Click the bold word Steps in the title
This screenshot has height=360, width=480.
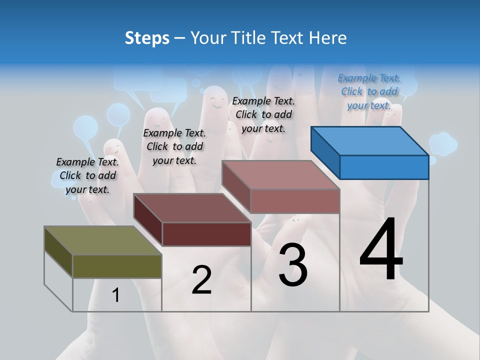coord(147,38)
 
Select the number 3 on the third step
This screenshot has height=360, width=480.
coord(293,265)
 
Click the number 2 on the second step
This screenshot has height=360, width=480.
coord(201,280)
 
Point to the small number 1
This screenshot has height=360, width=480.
coord(115,295)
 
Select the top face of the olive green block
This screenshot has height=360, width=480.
coord(103,240)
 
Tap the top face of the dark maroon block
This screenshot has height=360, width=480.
coord(192,207)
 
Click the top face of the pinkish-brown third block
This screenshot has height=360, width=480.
coord(281,175)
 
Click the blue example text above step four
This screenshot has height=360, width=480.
coord(369,91)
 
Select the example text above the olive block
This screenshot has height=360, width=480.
coord(87,175)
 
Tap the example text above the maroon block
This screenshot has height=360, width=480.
coord(174,146)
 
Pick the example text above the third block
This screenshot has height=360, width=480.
coord(263,114)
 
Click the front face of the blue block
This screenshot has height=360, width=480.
coord(384,167)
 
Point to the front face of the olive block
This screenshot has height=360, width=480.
coord(117,266)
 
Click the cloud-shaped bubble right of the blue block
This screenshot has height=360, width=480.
coord(443,143)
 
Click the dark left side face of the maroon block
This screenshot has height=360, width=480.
coord(147,219)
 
